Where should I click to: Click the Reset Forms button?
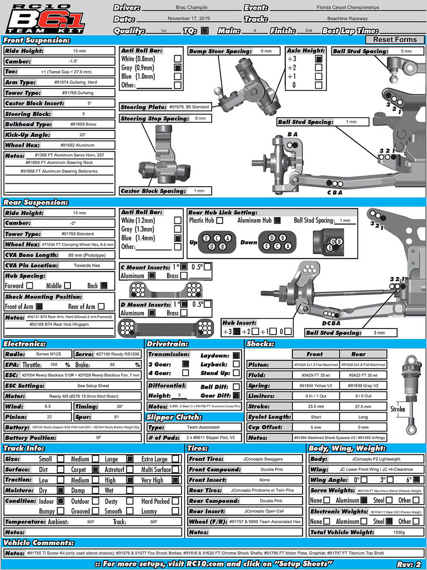coord(395,40)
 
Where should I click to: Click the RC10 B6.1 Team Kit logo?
coord(46,19)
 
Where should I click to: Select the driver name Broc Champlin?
coord(191,8)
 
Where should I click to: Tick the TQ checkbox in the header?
coord(205,31)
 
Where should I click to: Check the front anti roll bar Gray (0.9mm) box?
coord(178,68)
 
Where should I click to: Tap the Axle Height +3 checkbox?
coord(319,59)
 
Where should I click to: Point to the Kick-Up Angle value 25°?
coord(82,135)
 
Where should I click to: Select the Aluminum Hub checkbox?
coord(277,220)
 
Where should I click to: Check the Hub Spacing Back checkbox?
coord(104,285)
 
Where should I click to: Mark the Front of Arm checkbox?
coord(39,306)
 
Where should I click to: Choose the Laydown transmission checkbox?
coord(236,355)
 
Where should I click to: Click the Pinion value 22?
coord(49,417)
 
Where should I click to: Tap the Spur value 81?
coord(117,417)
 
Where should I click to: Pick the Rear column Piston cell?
coord(363,365)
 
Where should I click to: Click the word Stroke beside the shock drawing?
coord(398,409)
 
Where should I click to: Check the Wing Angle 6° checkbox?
coord(417,479)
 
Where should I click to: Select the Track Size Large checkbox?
coord(130,459)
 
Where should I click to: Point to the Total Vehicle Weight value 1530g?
coord(399,532)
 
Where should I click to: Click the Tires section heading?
coord(198,448)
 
